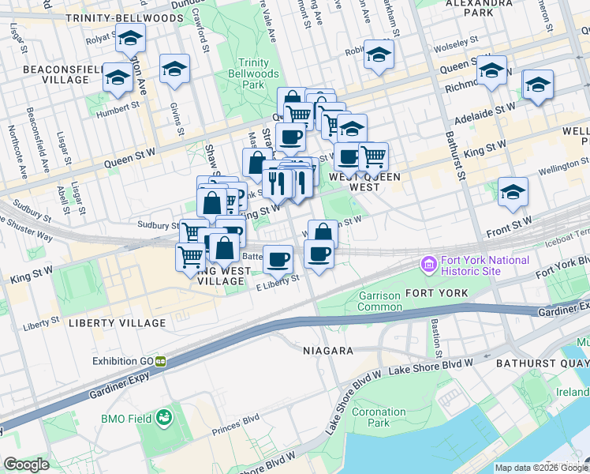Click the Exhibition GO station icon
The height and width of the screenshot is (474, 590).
pyautogui.click(x=160, y=361)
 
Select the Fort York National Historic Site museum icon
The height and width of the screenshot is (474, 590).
pyautogui.click(x=430, y=263)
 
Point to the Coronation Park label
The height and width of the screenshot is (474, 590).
pyautogui.click(x=379, y=417)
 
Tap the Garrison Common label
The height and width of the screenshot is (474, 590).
pyautogui.click(x=379, y=301)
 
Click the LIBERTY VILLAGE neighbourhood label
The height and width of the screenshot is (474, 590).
pyautogui.click(x=118, y=323)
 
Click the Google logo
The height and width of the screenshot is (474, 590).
pyautogui.click(x=26, y=465)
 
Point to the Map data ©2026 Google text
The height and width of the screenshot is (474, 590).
pyautogui.click(x=541, y=468)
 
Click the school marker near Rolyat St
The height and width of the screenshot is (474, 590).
pyautogui.click(x=129, y=37)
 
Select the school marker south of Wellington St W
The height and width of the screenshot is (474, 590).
pyautogui.click(x=513, y=192)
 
